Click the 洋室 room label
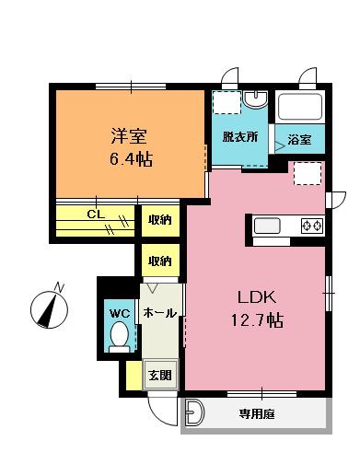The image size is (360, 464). [x=129, y=136]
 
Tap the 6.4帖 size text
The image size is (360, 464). [x=131, y=159]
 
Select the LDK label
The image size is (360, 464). [x=257, y=297]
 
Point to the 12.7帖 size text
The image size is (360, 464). [x=257, y=320]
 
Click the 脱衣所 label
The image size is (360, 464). [x=240, y=137]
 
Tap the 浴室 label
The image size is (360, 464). [x=299, y=140]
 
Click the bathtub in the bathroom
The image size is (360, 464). [x=300, y=107]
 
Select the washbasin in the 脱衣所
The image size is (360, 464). [x=255, y=99]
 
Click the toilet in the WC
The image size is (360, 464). [x=120, y=337]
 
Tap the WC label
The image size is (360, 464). [x=120, y=314]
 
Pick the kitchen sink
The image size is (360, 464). [x=267, y=226]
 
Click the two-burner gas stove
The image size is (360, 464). [x=312, y=226]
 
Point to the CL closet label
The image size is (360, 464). [x=96, y=214]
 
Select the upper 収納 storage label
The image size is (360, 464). [x=160, y=220]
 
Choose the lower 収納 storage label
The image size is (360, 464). [x=160, y=261]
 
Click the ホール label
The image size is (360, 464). [x=160, y=313]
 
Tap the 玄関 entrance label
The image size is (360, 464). [x=160, y=375]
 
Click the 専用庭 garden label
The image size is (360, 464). [x=257, y=414]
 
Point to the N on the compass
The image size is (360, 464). [x=59, y=287]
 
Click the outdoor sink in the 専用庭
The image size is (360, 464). [x=194, y=412]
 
